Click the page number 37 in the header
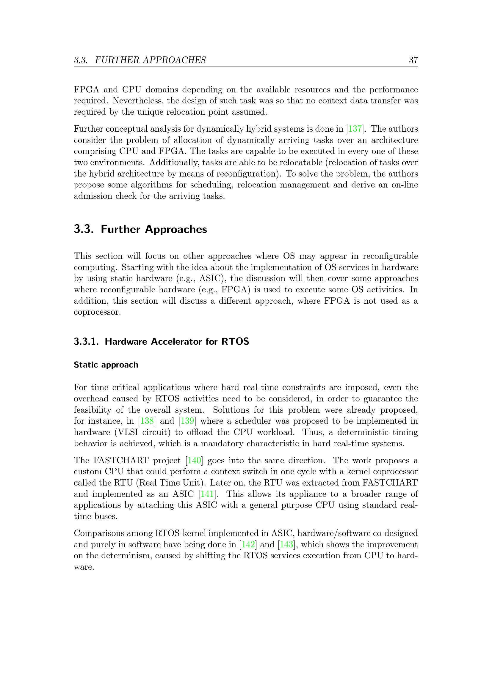(413, 60)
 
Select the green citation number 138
(147, 421)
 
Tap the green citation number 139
(187, 421)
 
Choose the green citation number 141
(207, 494)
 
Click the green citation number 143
(286, 545)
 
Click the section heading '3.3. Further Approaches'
(140, 229)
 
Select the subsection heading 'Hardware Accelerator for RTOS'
(177, 341)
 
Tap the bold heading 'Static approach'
(106, 365)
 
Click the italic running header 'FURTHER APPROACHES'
(150, 60)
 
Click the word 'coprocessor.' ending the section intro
(97, 312)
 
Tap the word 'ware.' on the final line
(84, 567)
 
